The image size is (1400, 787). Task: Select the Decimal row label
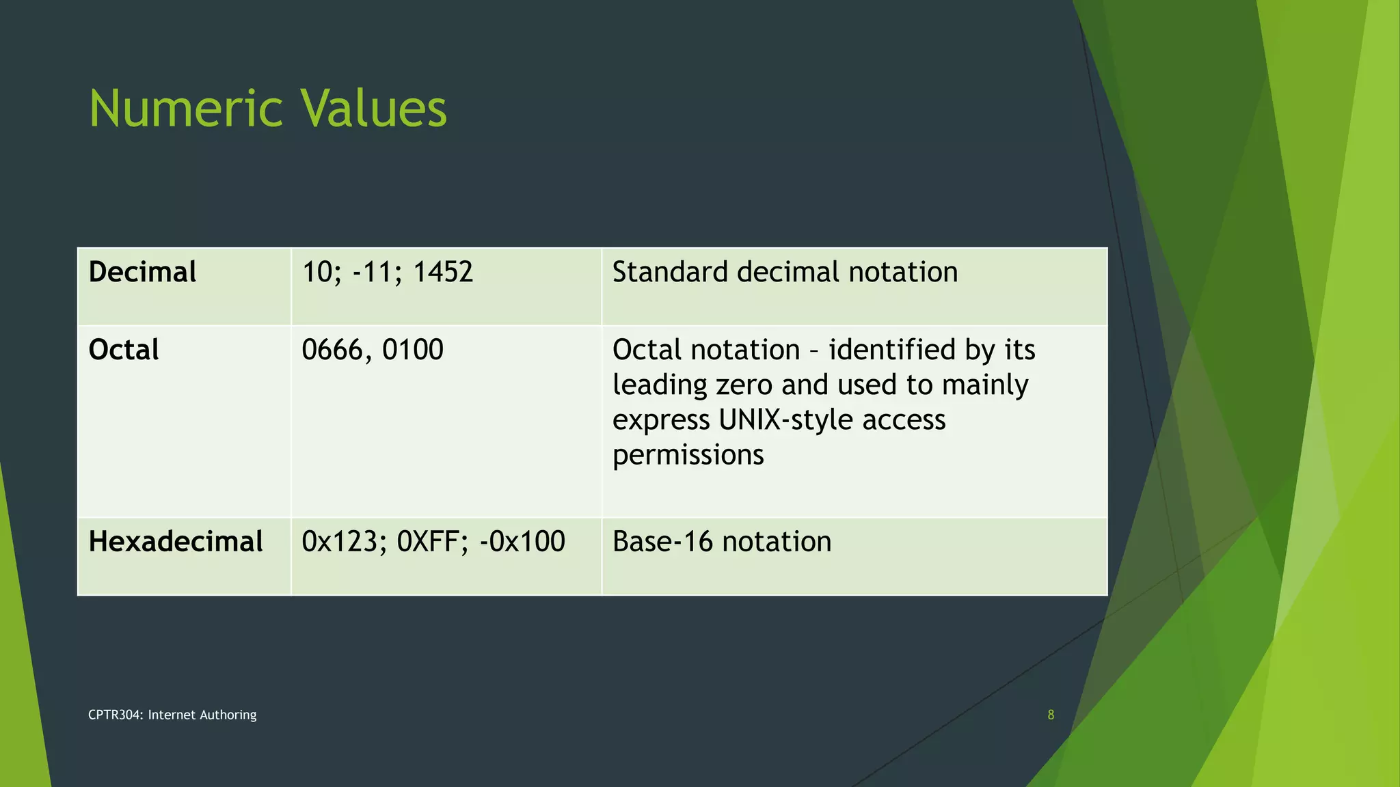click(x=142, y=272)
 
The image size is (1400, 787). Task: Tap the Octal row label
click(x=124, y=350)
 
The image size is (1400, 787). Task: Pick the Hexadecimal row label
click(x=176, y=542)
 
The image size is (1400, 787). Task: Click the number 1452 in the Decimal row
click(x=443, y=272)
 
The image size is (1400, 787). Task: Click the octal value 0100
click(x=413, y=350)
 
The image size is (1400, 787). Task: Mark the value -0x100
click(x=522, y=542)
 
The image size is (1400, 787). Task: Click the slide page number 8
click(x=1051, y=715)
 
